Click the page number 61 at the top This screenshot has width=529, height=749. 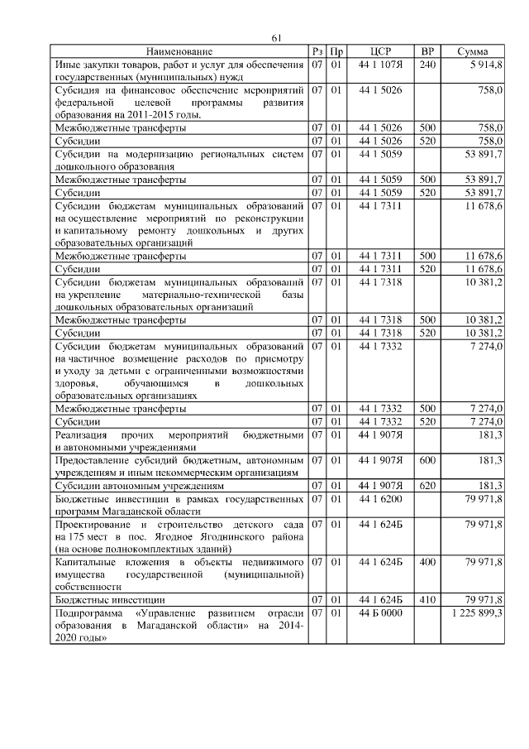tap(277, 38)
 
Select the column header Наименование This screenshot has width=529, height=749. tap(179, 52)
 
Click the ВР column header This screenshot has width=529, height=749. tap(427, 52)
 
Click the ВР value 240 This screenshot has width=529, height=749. tap(427, 65)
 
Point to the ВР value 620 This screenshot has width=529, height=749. tap(427, 486)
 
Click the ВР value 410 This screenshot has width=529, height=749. tap(427, 599)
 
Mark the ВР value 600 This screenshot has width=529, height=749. tap(427, 459)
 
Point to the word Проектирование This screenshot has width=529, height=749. tap(92, 525)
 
